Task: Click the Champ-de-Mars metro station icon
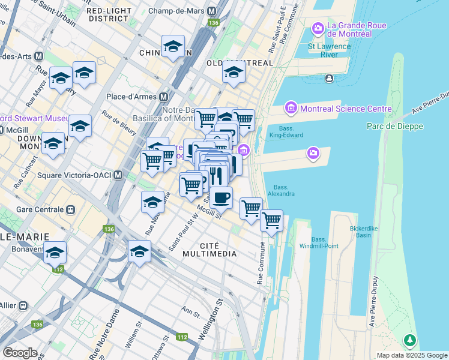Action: pos(211,11)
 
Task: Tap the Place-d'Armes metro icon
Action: pos(163,97)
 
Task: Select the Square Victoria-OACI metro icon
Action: pos(118,175)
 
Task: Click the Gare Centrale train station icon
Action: pos(70,210)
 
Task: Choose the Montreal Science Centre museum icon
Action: pos(291,109)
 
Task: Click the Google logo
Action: pos(20,353)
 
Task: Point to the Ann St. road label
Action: pos(191,311)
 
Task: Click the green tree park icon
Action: pos(410,341)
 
